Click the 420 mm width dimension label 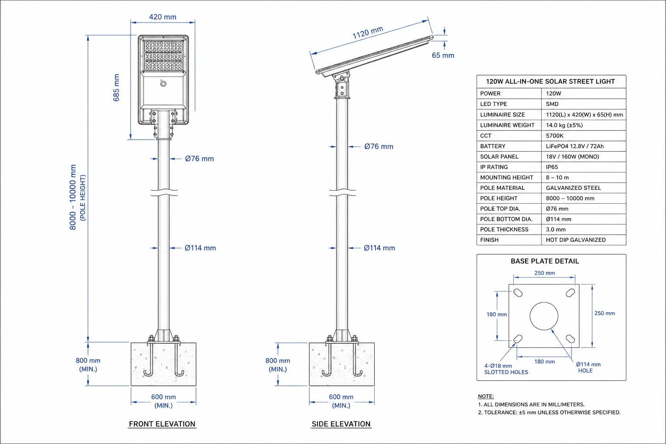tap(163, 17)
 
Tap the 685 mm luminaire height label tap(116, 88)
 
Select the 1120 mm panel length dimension tap(368, 33)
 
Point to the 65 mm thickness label tap(443, 55)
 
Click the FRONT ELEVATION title tap(162, 424)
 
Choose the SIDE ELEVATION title tap(341, 424)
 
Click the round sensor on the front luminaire tap(163, 84)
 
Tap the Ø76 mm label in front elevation tap(199, 159)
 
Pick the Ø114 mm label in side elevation tap(379, 248)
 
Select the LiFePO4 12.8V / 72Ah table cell tap(575, 146)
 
